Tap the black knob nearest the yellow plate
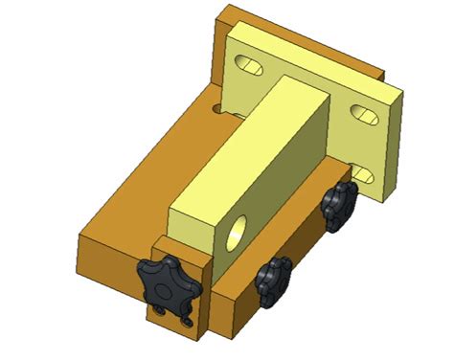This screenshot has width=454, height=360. click(x=338, y=204)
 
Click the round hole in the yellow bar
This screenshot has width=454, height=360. click(x=237, y=228)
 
